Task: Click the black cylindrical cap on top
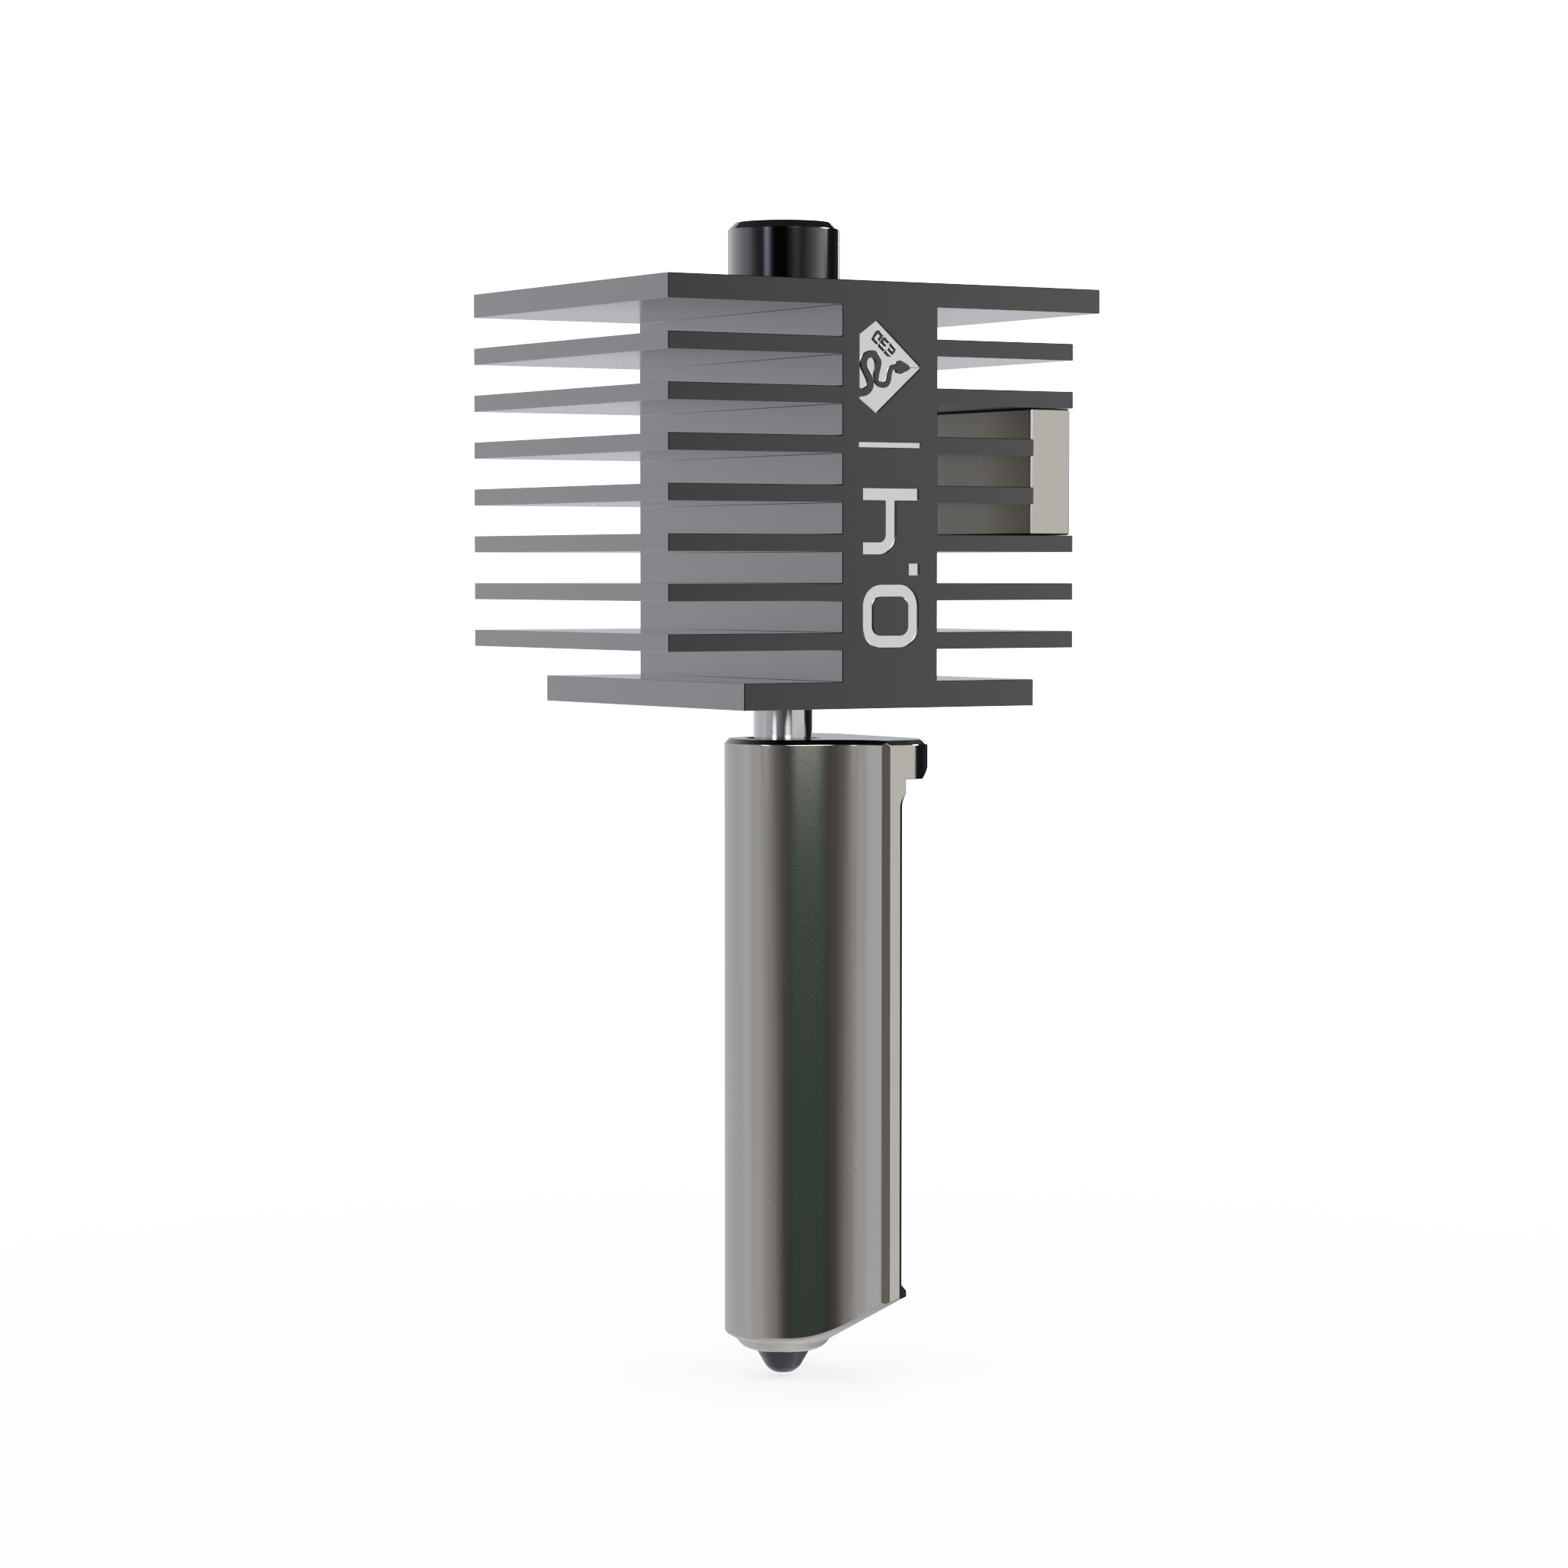tap(783, 247)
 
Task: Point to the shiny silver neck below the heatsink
tap(779, 721)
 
